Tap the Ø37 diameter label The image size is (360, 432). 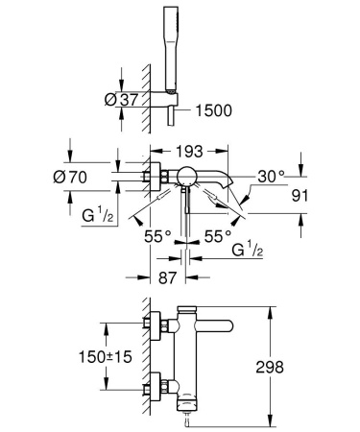tap(94, 99)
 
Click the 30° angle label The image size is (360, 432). tap(273, 176)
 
